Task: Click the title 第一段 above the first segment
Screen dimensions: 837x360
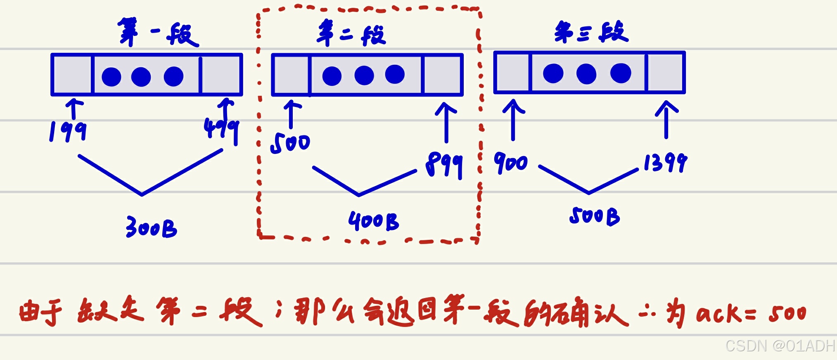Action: (158, 32)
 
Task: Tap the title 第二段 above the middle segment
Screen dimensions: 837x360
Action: (351, 33)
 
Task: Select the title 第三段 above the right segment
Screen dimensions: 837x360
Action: (591, 32)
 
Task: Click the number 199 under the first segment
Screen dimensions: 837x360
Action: (68, 131)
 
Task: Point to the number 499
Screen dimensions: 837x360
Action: (222, 129)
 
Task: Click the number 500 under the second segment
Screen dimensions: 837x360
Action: (290, 143)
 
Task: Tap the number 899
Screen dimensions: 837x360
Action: (444, 164)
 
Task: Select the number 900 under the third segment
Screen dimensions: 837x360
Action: (511, 162)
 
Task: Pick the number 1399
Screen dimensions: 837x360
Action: (665, 162)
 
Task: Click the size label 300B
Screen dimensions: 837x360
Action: (152, 227)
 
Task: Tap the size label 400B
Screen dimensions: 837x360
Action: (374, 221)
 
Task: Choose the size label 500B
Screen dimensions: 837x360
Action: (595, 216)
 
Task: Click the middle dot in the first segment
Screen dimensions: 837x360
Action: (141, 77)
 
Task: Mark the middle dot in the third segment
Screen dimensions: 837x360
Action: (586, 74)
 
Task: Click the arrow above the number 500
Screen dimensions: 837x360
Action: (292, 114)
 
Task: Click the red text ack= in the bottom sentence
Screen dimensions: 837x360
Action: (726, 314)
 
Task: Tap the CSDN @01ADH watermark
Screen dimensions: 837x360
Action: (780, 346)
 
